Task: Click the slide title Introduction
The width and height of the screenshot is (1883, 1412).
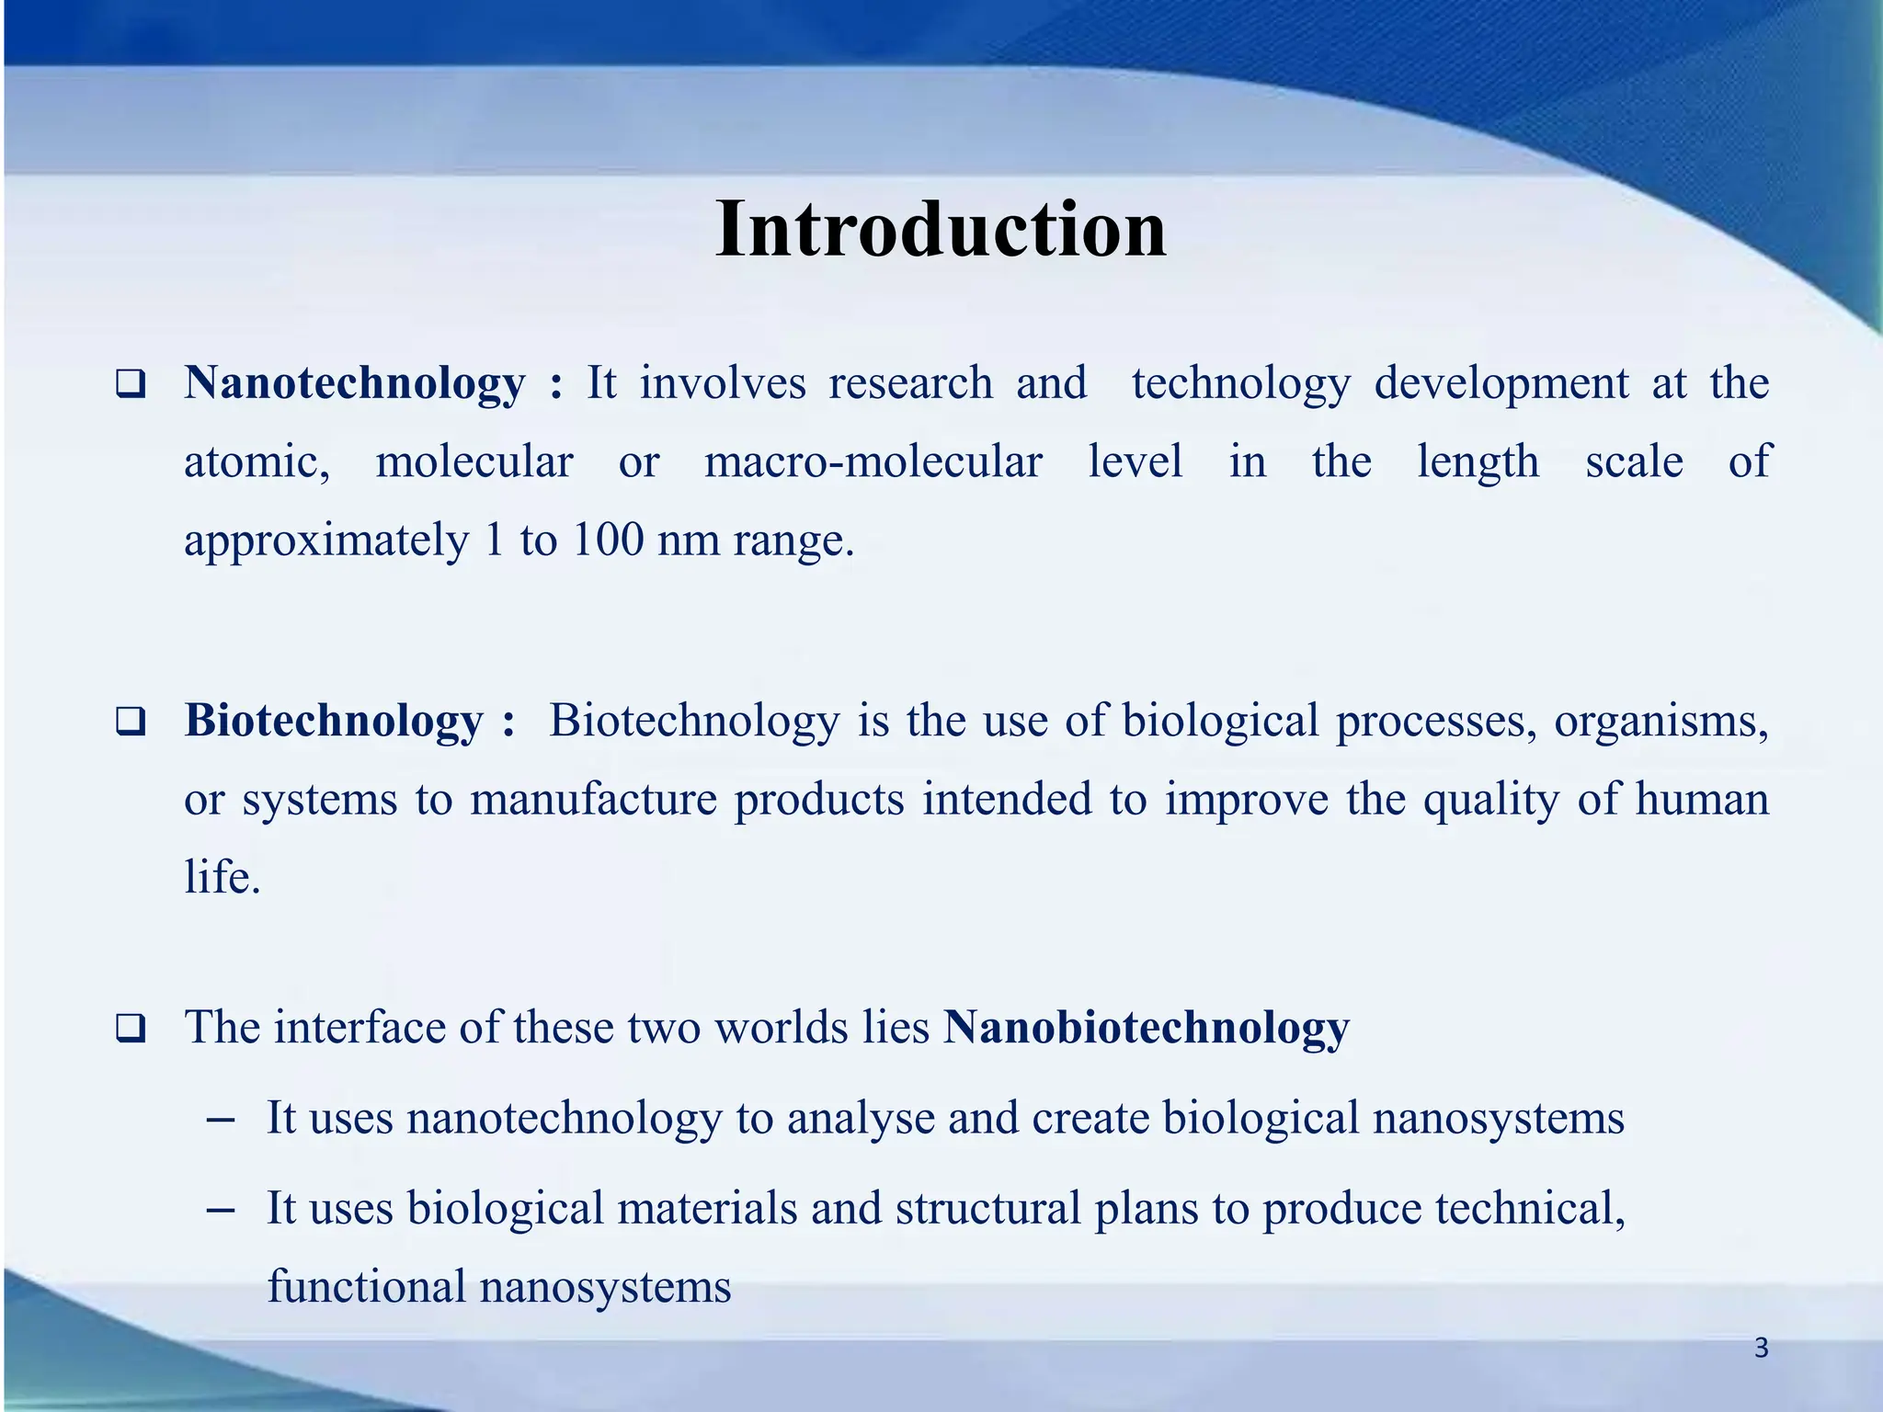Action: (941, 230)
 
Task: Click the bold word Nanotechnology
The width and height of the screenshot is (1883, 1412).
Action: (354, 383)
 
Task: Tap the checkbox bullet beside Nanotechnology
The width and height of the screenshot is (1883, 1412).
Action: (131, 384)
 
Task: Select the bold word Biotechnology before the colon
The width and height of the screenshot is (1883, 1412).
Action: (333, 721)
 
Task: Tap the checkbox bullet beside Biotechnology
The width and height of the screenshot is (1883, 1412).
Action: (131, 722)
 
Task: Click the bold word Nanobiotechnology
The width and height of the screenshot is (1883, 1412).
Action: (1146, 1028)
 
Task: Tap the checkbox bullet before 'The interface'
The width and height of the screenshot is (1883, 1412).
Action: (131, 1029)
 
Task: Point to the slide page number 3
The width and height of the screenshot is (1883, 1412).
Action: (1761, 1349)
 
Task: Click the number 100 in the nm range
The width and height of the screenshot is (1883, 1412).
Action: (607, 540)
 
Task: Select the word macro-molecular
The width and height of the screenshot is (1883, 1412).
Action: (873, 461)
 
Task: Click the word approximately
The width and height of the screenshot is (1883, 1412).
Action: (326, 541)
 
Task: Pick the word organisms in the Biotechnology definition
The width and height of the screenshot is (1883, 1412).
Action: (1660, 721)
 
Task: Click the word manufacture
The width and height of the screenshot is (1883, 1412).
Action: (593, 799)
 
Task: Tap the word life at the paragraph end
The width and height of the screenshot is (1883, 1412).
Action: (221, 877)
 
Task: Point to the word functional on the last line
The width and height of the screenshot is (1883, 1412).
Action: (366, 1286)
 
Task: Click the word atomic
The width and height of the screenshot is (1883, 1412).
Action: (256, 462)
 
